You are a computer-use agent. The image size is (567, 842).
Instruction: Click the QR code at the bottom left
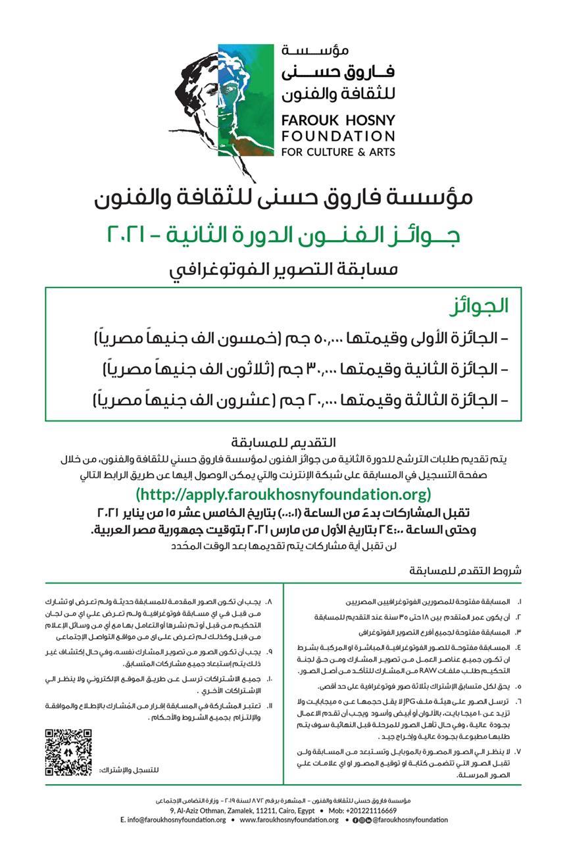click(68, 751)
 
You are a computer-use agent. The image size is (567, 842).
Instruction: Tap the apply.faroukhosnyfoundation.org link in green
click(283, 494)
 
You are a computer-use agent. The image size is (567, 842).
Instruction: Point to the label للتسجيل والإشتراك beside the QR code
click(130, 770)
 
